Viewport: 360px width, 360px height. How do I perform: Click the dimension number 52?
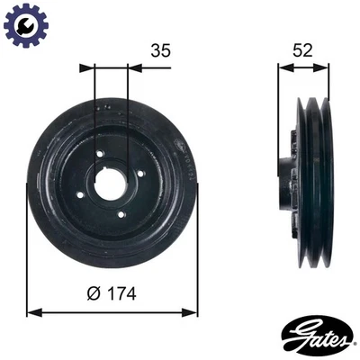point(303,51)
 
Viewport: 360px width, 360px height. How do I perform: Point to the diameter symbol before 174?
point(95,292)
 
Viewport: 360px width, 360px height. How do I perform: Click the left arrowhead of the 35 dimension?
point(85,67)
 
